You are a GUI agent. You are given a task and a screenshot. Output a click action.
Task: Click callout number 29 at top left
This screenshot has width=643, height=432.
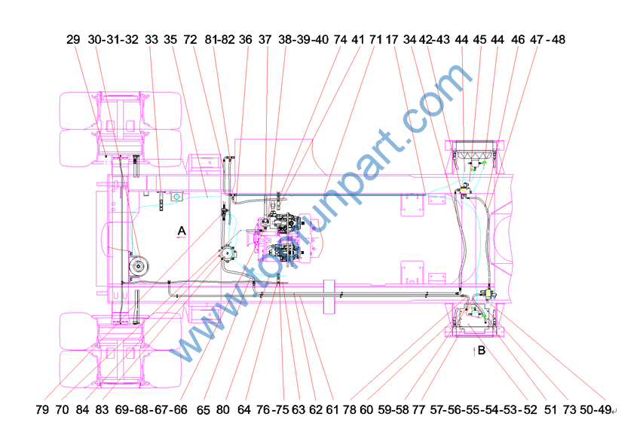pyautogui.click(x=73, y=40)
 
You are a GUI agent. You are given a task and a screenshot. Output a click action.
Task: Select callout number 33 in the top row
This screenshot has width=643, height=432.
pyautogui.click(x=152, y=40)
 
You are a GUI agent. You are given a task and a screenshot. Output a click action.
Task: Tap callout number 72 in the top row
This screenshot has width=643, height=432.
pyautogui.click(x=190, y=40)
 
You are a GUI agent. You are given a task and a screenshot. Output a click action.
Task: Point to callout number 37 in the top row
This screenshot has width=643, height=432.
pyautogui.click(x=265, y=40)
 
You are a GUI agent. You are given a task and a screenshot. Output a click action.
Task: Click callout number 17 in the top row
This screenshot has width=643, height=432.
pyautogui.click(x=392, y=40)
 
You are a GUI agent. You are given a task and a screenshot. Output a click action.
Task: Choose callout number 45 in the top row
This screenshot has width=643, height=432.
pyautogui.click(x=479, y=40)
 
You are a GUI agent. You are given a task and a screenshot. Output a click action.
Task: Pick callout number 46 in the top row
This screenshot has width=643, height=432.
pyautogui.click(x=518, y=40)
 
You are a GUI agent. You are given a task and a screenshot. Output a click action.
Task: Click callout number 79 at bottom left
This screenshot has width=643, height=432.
pyautogui.click(x=42, y=409)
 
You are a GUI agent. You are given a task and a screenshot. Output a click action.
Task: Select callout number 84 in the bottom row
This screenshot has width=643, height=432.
pyautogui.click(x=82, y=409)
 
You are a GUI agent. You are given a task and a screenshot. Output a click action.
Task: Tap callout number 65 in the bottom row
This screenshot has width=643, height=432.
pyautogui.click(x=203, y=410)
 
